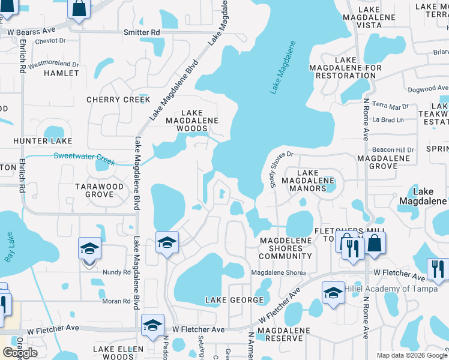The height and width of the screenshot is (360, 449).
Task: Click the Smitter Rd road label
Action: pos(142,32)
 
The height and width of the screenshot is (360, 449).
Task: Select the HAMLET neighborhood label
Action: pos(61,73)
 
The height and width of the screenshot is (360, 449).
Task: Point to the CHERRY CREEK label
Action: pos(118,100)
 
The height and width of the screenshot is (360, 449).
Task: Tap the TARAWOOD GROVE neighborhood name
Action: pos(99,191)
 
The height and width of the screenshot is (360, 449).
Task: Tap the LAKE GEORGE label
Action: pos(235,299)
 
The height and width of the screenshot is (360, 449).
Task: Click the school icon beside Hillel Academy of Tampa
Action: pos(333,292)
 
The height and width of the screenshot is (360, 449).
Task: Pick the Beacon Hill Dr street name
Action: pos(393,149)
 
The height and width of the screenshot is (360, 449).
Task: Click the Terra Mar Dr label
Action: pos(390,106)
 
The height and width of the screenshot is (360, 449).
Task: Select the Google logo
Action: pos(20,353)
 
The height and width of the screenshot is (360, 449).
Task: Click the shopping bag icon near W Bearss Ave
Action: pos(79,8)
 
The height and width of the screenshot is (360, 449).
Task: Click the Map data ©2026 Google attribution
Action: pos(412,355)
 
